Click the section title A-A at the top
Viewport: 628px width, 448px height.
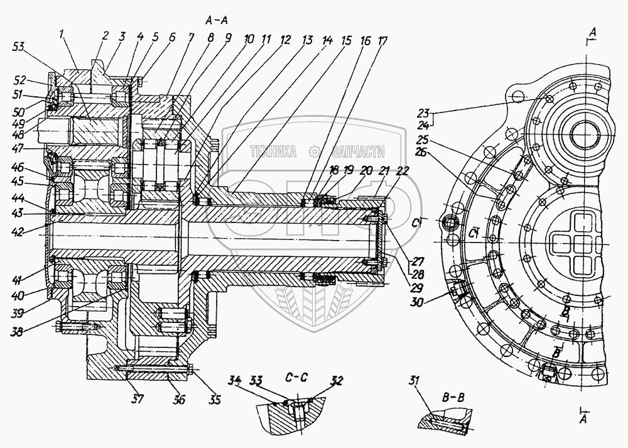(217, 20)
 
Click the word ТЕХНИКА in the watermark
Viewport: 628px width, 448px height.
(274, 151)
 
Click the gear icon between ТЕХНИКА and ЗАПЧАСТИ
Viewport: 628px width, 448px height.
(313, 151)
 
